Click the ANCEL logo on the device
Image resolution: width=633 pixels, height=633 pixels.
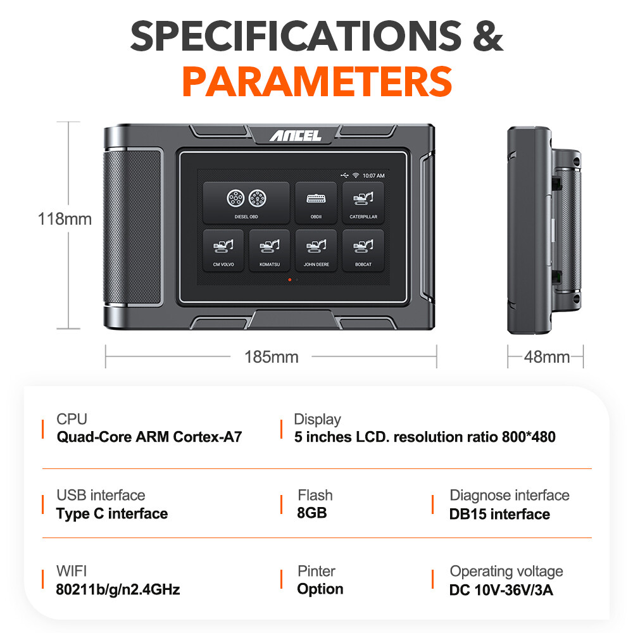tap(296, 135)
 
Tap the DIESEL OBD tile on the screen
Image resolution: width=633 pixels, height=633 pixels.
tap(246, 203)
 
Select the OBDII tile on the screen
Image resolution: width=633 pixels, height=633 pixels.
tap(316, 203)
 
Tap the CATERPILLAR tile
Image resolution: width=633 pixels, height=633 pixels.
tap(363, 203)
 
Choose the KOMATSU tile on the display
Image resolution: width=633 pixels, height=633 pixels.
tap(269, 250)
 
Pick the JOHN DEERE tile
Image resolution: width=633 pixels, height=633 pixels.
tap(316, 250)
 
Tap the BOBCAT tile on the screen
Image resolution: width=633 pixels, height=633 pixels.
tap(363, 250)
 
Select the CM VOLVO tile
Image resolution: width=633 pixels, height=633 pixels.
tap(223, 250)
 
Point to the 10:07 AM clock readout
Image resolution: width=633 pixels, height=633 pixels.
tap(373, 175)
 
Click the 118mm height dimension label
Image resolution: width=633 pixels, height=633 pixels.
tap(65, 219)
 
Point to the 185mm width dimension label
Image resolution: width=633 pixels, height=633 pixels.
tap(272, 357)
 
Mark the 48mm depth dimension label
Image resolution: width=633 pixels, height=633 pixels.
tap(547, 357)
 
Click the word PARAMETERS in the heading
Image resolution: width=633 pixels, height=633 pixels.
tap(317, 82)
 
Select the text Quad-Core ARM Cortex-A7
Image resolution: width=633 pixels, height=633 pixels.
tap(149, 437)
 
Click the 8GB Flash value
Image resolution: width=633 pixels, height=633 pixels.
tap(311, 513)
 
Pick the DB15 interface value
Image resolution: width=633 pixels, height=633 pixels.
tap(499, 514)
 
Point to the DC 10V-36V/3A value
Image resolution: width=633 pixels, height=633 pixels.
tap(501, 590)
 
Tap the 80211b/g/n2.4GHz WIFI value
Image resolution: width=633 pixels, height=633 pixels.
tap(118, 589)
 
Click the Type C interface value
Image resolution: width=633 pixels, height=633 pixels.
tap(112, 513)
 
